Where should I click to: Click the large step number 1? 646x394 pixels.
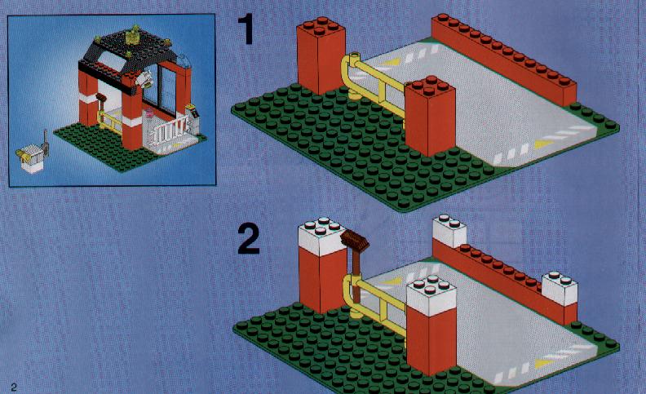(248, 29)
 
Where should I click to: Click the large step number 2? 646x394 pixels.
(249, 239)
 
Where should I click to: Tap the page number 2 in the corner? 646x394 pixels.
(14, 387)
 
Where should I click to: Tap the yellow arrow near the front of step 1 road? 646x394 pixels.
(543, 144)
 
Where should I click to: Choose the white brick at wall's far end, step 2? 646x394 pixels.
(449, 231)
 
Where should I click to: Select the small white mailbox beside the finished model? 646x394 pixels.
(32, 159)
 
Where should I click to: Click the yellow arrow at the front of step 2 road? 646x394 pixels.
(544, 363)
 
